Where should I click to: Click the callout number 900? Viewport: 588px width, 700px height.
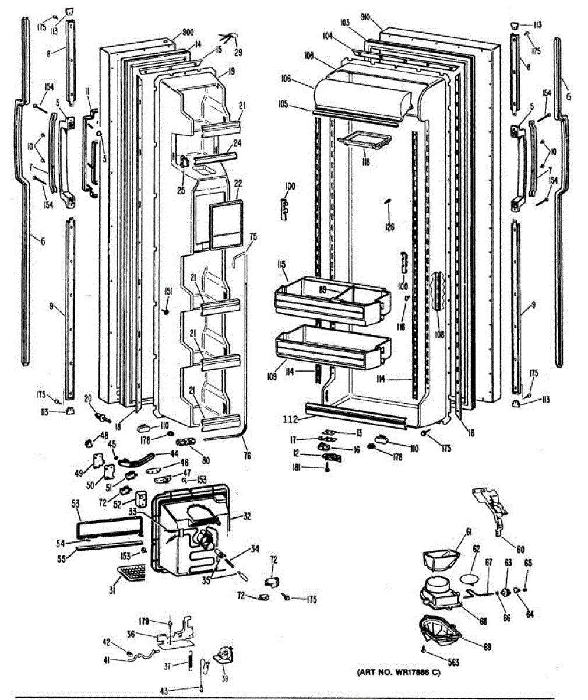(188, 32)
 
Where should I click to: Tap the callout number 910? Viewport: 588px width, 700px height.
(365, 17)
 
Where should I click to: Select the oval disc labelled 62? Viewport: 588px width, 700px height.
(473, 579)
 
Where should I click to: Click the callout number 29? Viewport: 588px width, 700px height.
(238, 52)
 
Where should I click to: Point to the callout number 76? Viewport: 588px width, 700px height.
(248, 456)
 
